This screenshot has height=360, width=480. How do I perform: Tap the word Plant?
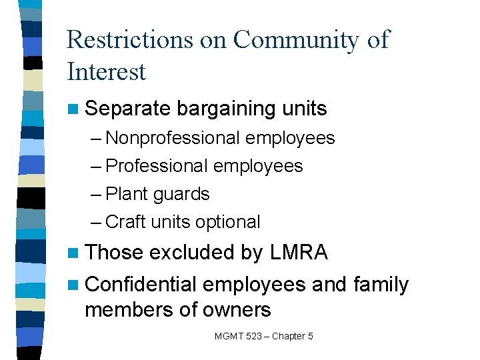coord(127,194)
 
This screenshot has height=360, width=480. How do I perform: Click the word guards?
coord(181,195)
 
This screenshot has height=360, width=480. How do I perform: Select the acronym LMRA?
coord(299,252)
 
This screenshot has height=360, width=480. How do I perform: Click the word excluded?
coord(191,252)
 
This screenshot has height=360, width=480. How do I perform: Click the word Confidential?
coord(141,285)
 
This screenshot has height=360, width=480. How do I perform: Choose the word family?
coord(380,285)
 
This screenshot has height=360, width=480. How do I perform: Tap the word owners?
coord(237,310)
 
